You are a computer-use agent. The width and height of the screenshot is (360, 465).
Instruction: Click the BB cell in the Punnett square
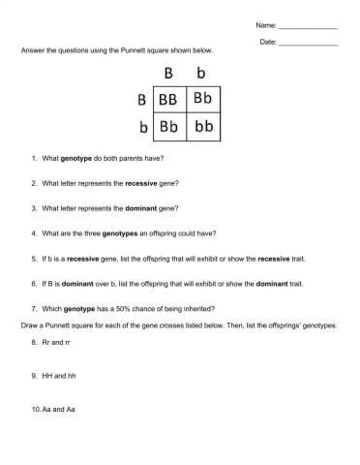[167, 100]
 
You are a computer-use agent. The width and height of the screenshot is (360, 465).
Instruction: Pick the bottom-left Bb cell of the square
[167, 127]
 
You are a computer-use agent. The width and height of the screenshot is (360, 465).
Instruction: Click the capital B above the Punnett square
[167, 74]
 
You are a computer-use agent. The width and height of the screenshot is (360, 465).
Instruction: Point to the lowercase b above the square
[201, 74]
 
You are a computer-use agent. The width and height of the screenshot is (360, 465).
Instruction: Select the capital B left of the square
[141, 100]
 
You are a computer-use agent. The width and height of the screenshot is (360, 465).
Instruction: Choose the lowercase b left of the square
[142, 127]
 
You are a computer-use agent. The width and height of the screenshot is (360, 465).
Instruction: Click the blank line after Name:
[308, 25]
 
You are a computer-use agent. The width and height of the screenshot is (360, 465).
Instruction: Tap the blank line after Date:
[308, 44]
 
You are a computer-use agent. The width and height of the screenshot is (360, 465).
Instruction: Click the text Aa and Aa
[58, 409]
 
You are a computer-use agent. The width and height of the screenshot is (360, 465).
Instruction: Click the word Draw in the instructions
[15, 325]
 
